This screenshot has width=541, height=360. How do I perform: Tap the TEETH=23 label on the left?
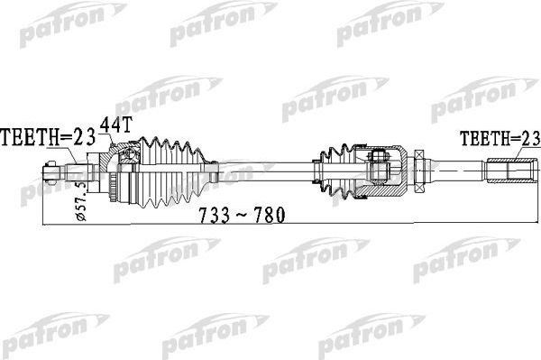[51, 138]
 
